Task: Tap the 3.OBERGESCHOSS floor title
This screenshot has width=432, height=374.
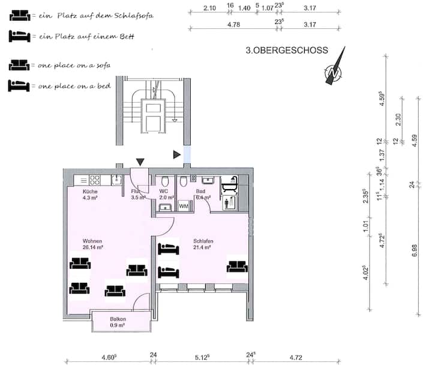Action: [287, 50]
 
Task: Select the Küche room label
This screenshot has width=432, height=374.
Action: [90, 192]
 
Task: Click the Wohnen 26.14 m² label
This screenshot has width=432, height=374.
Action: [92, 244]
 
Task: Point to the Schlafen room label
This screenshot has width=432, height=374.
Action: [203, 241]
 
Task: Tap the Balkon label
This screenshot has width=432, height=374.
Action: [118, 319]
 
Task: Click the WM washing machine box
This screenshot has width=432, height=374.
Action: [184, 206]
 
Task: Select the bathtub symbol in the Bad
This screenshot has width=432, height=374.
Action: [230, 184]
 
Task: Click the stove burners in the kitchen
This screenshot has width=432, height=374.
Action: [95, 180]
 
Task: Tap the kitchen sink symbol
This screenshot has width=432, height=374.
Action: [116, 180]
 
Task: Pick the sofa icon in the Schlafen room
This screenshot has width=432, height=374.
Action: [237, 266]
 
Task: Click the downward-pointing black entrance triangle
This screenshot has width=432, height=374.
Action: [140, 162]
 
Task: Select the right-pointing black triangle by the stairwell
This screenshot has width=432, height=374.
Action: [177, 155]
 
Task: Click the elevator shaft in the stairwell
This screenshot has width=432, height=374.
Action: [154, 116]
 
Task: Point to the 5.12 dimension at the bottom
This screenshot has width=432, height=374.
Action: [202, 357]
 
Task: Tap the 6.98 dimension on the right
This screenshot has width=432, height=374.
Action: [415, 250]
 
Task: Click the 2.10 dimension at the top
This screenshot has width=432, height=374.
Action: [209, 8]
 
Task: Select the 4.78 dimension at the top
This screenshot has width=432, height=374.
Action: [233, 25]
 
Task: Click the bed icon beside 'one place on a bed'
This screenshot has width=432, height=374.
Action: [19, 85]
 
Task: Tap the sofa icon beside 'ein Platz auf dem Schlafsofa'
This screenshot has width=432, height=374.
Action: [20, 16]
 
